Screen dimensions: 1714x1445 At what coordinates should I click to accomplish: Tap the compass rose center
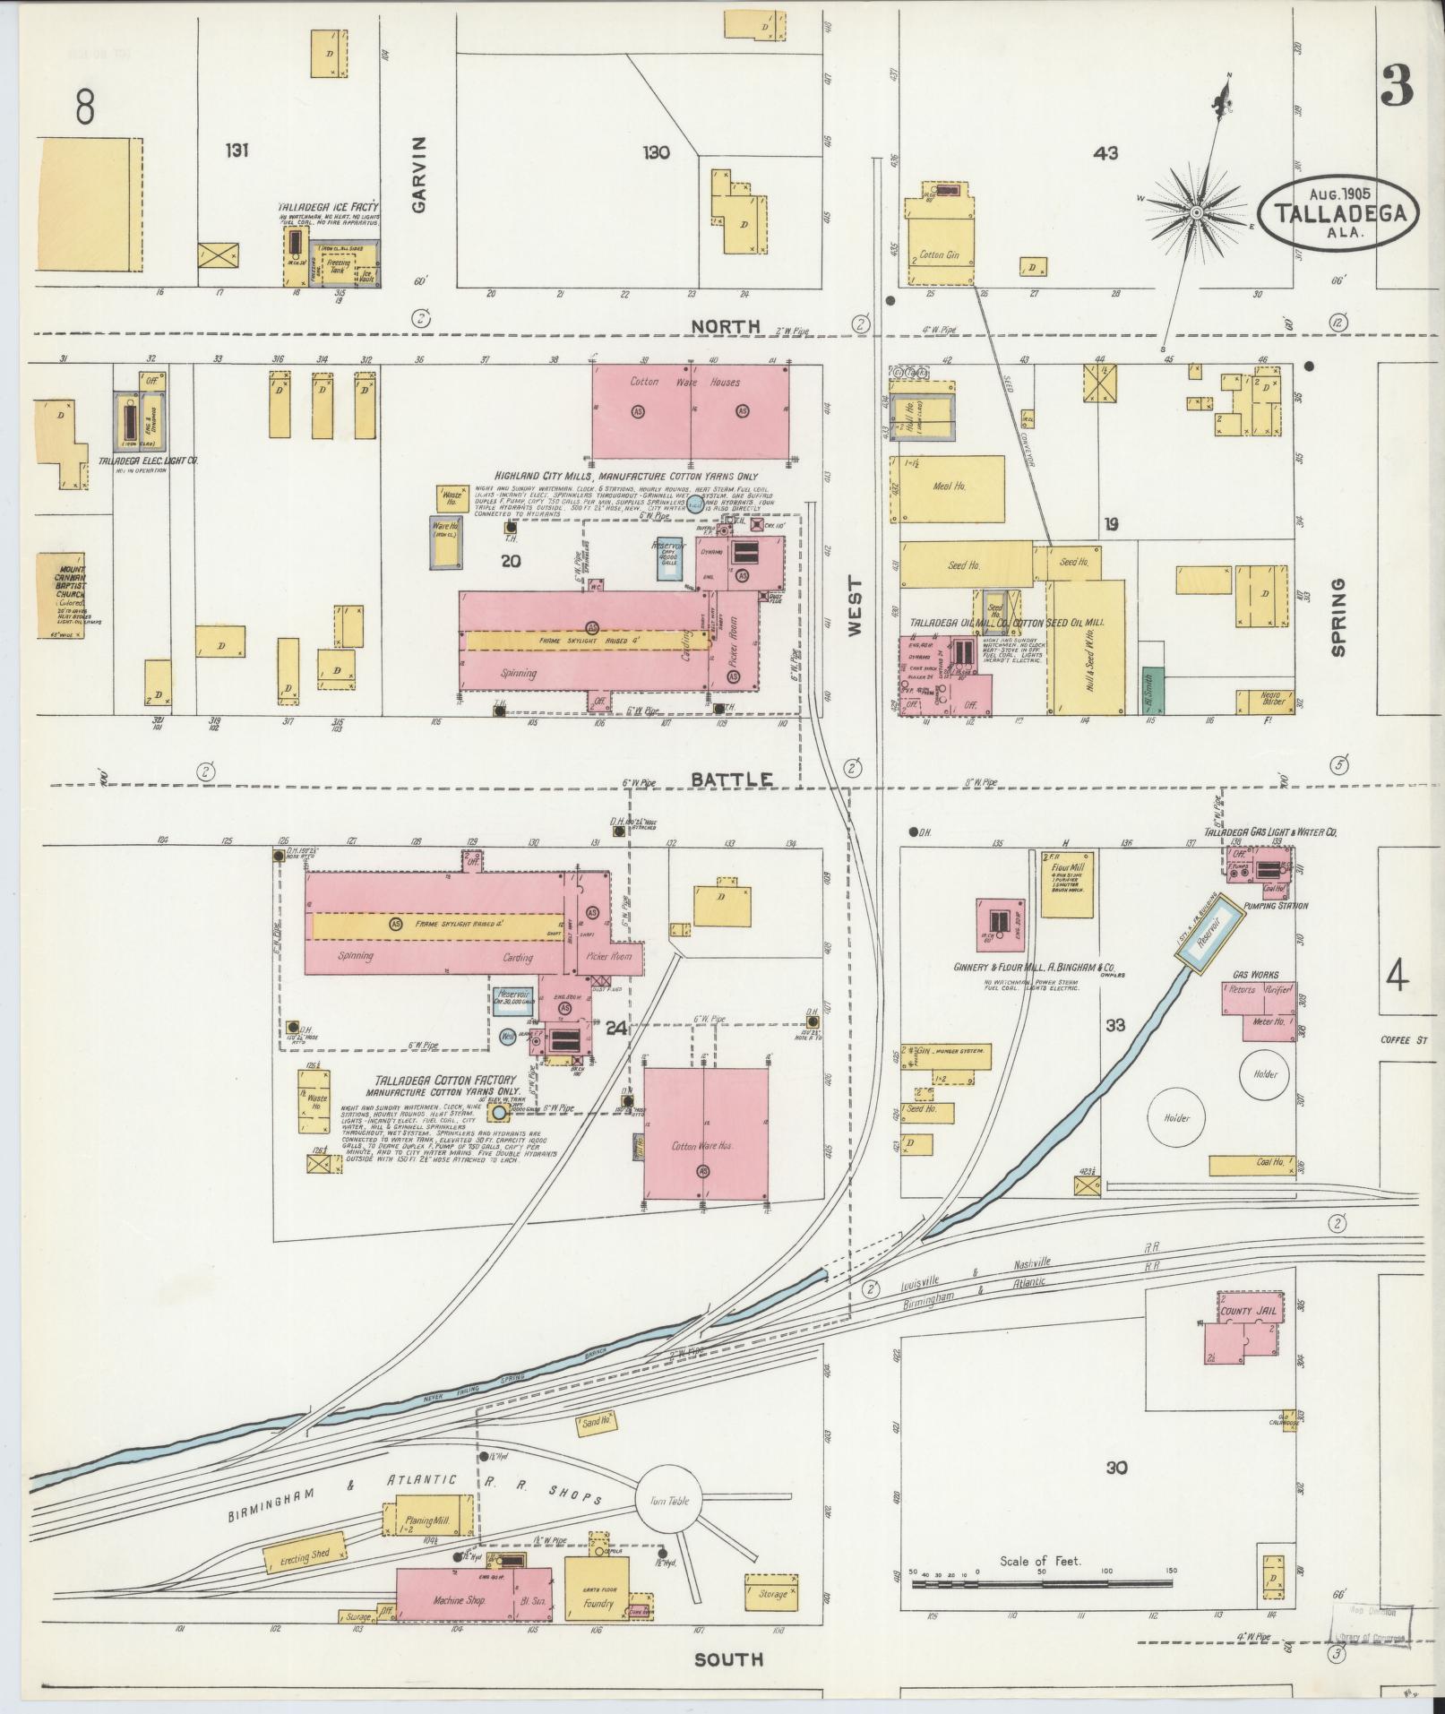coord(1196,211)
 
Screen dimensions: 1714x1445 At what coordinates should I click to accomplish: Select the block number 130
coord(656,152)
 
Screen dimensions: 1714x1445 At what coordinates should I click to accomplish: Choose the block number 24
coord(615,1029)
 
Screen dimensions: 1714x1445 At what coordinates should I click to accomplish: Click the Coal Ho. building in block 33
coord(1251,1165)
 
